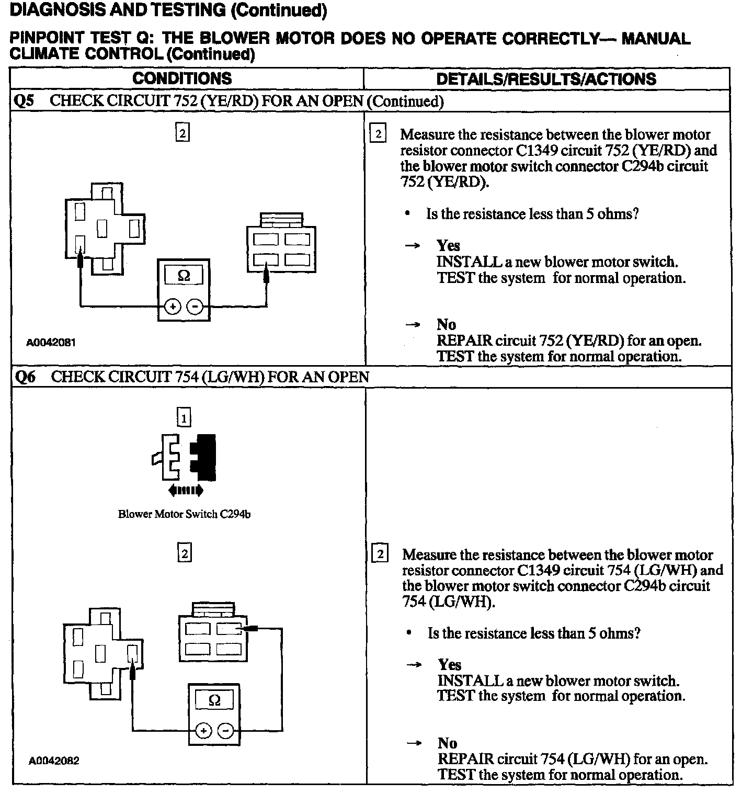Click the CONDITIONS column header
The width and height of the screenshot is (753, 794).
(182, 78)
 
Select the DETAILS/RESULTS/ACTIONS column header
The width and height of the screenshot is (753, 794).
(546, 79)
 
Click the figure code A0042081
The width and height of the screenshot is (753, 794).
(51, 343)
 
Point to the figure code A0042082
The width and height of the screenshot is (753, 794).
(54, 761)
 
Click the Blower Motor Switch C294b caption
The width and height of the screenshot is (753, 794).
(184, 514)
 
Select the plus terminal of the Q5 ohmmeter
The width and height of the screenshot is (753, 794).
(172, 307)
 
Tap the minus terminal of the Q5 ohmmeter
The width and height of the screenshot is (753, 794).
(195, 307)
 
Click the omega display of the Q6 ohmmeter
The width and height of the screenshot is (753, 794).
(214, 700)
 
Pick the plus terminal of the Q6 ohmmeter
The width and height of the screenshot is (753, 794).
(203, 731)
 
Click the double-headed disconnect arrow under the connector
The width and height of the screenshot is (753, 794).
(185, 491)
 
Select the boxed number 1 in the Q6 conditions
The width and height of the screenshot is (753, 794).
(184, 418)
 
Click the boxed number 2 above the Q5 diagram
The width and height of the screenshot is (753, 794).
(182, 133)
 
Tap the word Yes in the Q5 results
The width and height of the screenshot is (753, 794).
(448, 245)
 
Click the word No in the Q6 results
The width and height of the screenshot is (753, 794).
(447, 743)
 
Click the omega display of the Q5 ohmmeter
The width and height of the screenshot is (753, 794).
(184, 276)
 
